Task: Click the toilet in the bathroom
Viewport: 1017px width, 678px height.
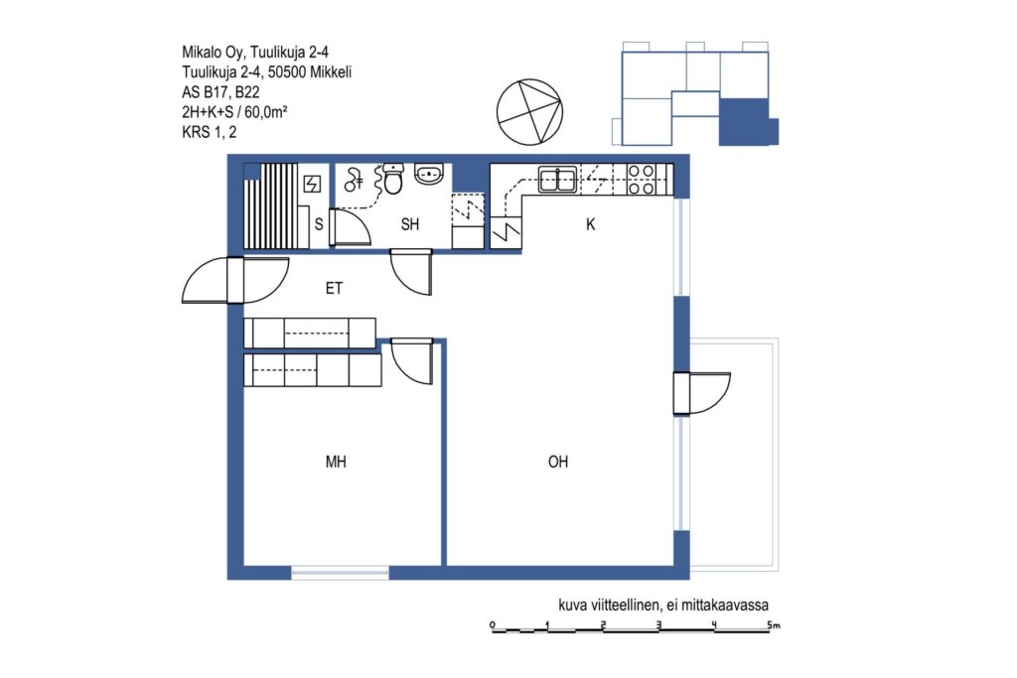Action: tap(393, 179)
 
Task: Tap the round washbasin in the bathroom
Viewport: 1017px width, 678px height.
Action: tap(429, 174)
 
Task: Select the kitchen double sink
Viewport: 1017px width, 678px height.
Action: tap(558, 179)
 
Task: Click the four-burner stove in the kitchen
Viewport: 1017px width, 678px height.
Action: tap(641, 180)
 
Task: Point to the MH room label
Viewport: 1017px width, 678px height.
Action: tap(336, 462)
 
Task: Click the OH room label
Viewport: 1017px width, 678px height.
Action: tap(558, 462)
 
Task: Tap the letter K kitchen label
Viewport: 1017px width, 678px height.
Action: tap(590, 224)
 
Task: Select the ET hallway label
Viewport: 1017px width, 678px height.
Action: tap(334, 289)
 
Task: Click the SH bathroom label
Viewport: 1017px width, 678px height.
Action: tap(410, 224)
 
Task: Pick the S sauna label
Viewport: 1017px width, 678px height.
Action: tap(319, 224)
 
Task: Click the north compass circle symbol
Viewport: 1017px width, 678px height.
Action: tap(529, 112)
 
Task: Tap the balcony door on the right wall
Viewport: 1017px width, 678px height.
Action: tap(702, 393)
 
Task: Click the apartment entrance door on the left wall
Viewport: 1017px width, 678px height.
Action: tap(234, 280)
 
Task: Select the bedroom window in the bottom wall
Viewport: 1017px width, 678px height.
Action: tap(340, 573)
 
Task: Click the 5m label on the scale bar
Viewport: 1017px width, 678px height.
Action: tap(773, 625)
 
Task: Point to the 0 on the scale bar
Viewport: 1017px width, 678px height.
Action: tap(493, 624)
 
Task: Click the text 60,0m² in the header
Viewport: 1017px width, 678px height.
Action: tap(266, 111)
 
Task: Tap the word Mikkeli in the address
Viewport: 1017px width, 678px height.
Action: tap(331, 71)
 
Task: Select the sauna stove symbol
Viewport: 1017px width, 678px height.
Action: tap(313, 184)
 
